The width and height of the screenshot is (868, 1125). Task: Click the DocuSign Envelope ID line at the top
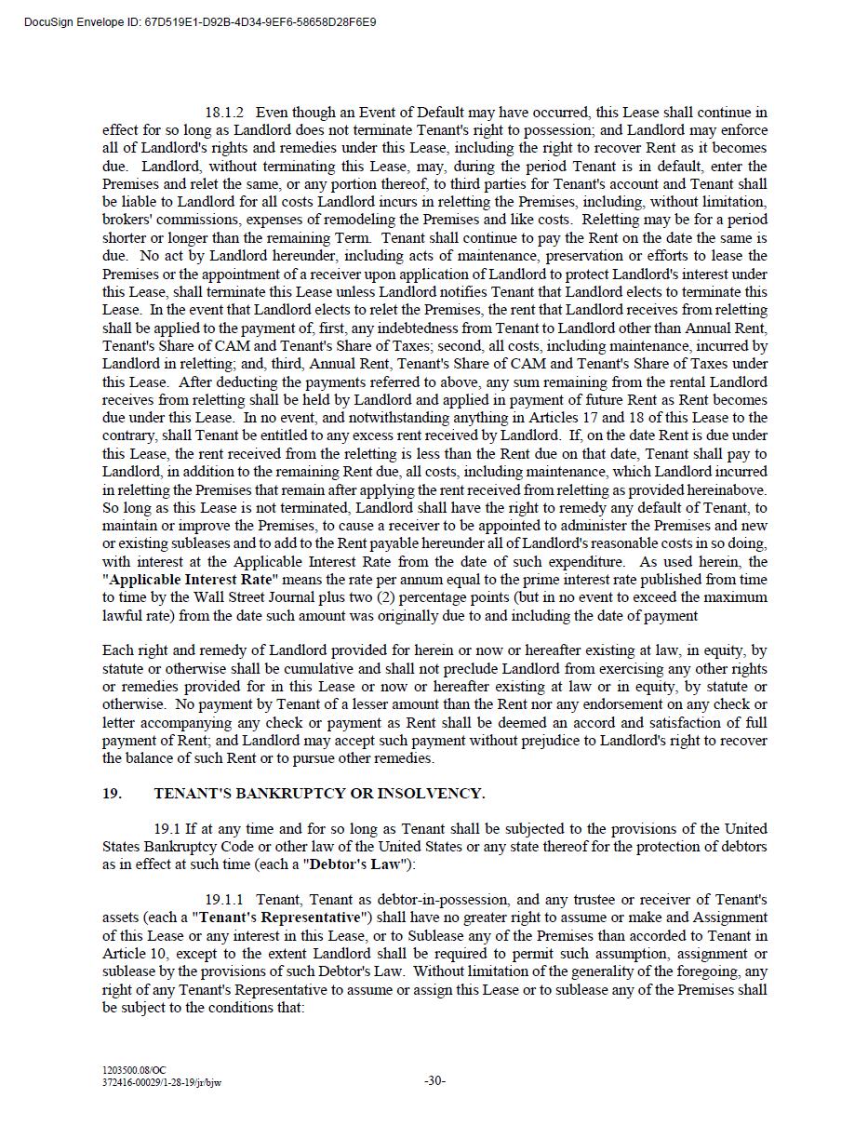pos(200,21)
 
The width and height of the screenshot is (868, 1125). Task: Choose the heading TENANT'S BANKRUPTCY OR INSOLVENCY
pos(319,794)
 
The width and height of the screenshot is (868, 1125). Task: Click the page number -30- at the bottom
pos(434,1081)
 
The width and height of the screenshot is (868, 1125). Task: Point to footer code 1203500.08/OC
pos(134,1071)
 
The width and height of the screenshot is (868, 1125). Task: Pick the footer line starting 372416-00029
pos(162,1082)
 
